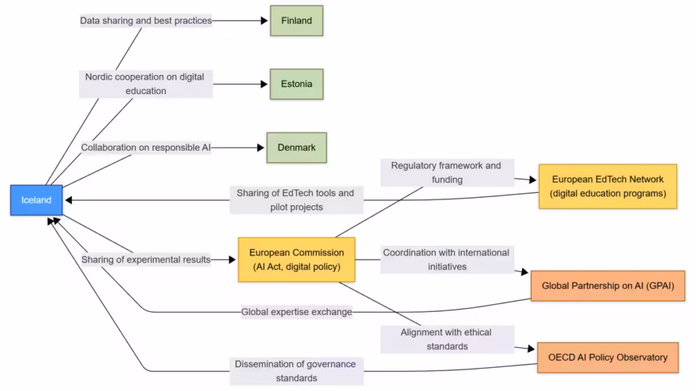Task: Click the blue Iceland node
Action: click(x=36, y=200)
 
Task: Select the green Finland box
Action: click(x=296, y=20)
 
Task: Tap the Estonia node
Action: click(x=296, y=84)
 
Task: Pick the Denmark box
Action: click(x=296, y=147)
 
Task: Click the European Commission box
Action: click(x=296, y=259)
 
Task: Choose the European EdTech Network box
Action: click(x=608, y=186)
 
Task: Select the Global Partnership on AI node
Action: click(x=608, y=286)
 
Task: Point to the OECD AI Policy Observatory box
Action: click(x=608, y=357)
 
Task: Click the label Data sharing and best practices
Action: click(x=146, y=20)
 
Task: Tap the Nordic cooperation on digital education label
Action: click(x=145, y=84)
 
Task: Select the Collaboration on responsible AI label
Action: click(x=146, y=147)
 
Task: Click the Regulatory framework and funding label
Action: click(x=446, y=172)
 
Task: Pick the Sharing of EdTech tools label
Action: click(x=296, y=200)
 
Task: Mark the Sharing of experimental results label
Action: click(x=146, y=259)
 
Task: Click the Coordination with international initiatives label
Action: click(x=446, y=259)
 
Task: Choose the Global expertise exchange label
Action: click(x=296, y=312)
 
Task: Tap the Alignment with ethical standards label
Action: click(x=446, y=339)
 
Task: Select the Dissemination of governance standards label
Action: click(x=296, y=371)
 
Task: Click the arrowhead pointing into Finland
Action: click(x=266, y=20)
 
